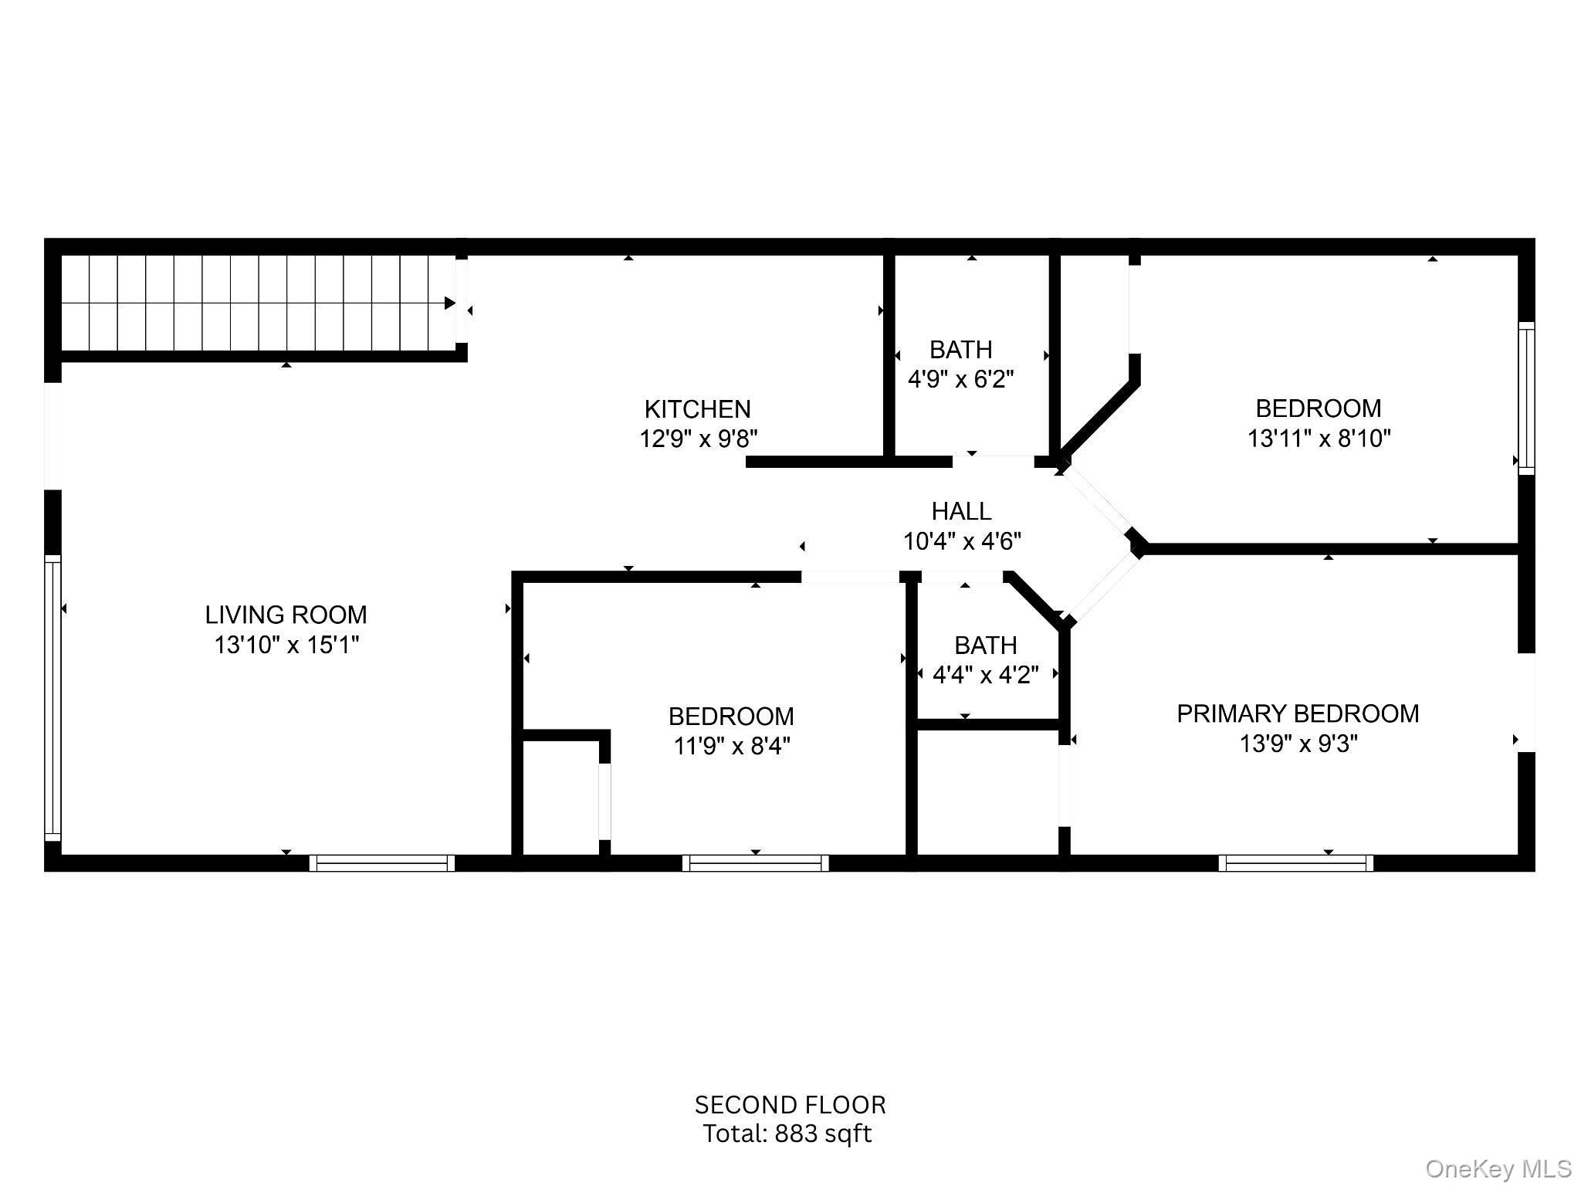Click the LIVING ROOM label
point(286,615)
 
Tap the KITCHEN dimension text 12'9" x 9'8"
point(698,439)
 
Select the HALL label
point(961,511)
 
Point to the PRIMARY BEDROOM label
point(1297,713)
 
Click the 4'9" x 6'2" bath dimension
point(960,379)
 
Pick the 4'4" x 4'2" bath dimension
point(985,675)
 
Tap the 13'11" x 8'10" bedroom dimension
point(1319,439)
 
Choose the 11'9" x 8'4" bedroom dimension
point(731,746)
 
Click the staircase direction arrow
point(449,303)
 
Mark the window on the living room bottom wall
point(382,863)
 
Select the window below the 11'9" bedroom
point(755,863)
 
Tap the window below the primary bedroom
point(1295,863)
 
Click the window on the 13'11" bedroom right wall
point(1526,398)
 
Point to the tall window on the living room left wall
point(52,698)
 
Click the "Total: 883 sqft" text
point(787,1133)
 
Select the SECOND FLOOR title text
point(790,1105)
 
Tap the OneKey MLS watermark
point(1498,1169)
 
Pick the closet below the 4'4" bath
point(987,792)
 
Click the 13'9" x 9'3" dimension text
point(1298,744)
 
